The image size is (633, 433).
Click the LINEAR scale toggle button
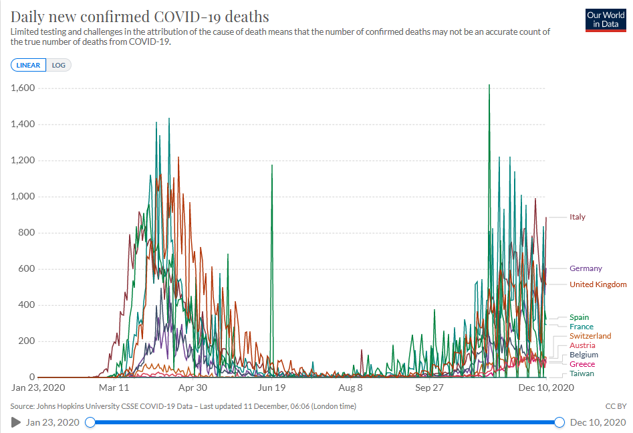(28, 65)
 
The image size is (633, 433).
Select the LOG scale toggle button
(58, 65)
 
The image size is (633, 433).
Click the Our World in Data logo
(605, 19)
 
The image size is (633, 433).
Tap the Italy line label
(578, 217)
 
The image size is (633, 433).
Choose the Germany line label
(586, 268)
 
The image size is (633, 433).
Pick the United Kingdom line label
(598, 284)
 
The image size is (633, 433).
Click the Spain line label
(579, 317)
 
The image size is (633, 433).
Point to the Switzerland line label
(590, 336)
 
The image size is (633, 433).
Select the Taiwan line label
(582, 373)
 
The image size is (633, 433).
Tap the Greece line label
(582, 364)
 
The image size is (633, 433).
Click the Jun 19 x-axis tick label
(272, 387)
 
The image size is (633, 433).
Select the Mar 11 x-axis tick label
(114, 387)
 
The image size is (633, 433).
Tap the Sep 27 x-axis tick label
(430, 387)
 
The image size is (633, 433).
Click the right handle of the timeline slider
(559, 422)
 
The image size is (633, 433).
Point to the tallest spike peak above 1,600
(489, 85)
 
